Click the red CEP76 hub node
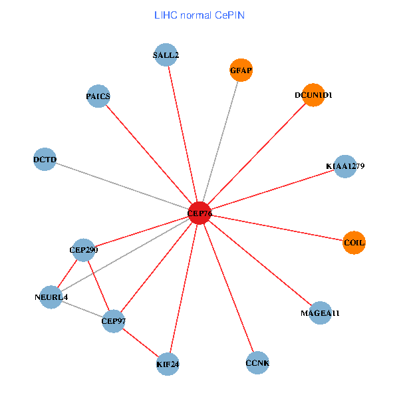pyautogui.click(x=199, y=213)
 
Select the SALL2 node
pyautogui.click(x=166, y=55)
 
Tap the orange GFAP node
pyautogui.click(x=241, y=70)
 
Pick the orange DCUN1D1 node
pyautogui.click(x=313, y=95)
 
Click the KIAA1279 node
pyautogui.click(x=345, y=166)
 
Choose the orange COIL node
pyautogui.click(x=354, y=243)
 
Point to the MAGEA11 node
pyautogui.click(x=320, y=313)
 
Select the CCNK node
pyautogui.click(x=257, y=363)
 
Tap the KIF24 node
pyautogui.click(x=168, y=364)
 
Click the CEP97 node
pyautogui.click(x=113, y=321)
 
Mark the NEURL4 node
pyautogui.click(x=51, y=297)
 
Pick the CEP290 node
pyautogui.click(x=83, y=250)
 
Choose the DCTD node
pyautogui.click(x=45, y=160)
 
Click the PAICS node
pyautogui.click(x=98, y=96)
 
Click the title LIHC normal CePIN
pyautogui.click(x=199, y=15)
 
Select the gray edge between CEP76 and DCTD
pyautogui.click(x=122, y=187)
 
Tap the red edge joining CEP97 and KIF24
pyautogui.click(x=140, y=342)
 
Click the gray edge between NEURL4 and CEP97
pyautogui.click(x=82, y=309)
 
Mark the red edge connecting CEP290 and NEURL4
pyautogui.click(x=67, y=273)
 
